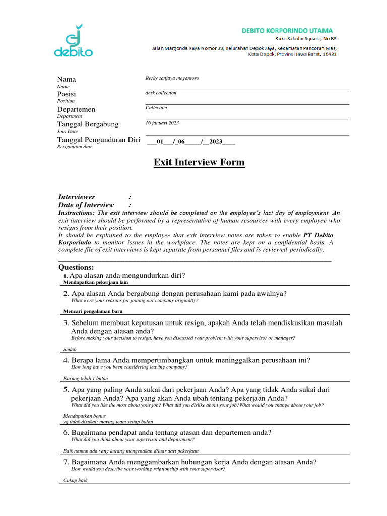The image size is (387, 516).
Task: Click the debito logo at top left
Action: click(73, 41)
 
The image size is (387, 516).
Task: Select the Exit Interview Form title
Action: click(199, 162)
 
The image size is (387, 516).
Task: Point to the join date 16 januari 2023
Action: click(162, 123)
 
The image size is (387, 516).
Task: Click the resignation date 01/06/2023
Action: click(190, 141)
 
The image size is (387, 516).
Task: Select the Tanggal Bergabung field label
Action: click(88, 124)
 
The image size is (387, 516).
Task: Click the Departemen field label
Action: click(76, 109)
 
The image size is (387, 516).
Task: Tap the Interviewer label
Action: click(77, 197)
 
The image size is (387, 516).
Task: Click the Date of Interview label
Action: click(86, 205)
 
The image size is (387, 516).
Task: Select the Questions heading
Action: click(76, 267)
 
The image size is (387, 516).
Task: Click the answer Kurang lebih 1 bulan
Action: click(86, 378)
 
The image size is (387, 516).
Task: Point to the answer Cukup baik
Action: click(76, 480)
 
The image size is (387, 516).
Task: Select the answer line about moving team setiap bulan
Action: click(108, 422)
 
